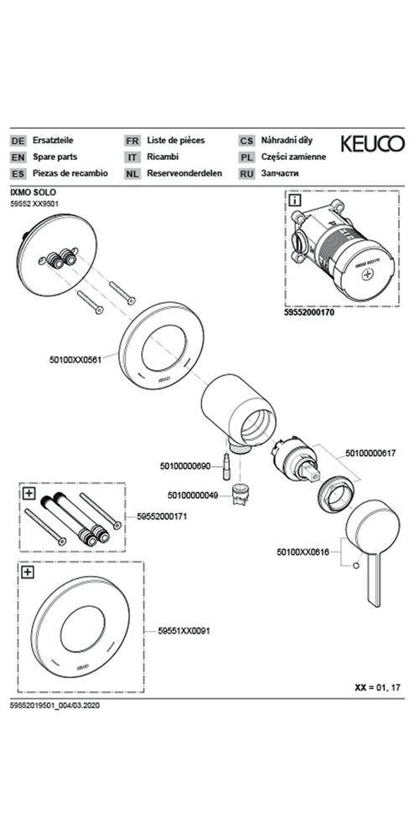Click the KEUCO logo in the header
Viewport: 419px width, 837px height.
[x=371, y=142]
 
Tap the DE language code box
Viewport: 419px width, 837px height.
[x=18, y=141]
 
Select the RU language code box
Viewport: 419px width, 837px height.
[x=246, y=173]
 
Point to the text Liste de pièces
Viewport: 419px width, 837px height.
[x=176, y=141]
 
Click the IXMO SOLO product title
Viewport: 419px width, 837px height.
[x=33, y=192]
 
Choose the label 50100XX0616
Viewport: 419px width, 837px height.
[x=303, y=552]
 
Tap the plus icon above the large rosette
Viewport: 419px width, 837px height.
[x=28, y=573]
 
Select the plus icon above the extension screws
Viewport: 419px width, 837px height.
[x=28, y=493]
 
